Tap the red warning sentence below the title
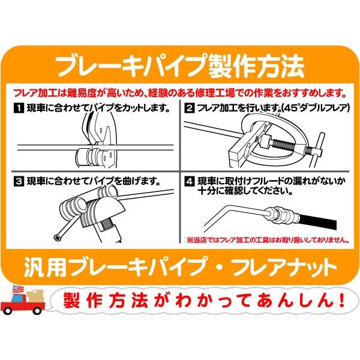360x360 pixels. point(179,94)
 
